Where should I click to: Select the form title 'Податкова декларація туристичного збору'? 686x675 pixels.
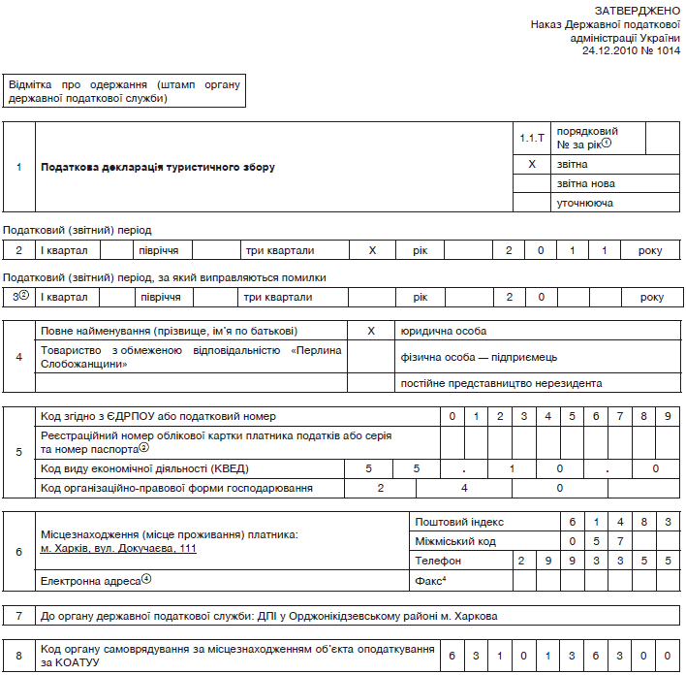tap(158, 167)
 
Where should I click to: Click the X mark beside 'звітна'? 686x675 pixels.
tap(532, 165)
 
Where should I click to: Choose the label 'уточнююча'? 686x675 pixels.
tap(585, 203)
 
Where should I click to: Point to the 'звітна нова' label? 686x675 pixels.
tap(586, 183)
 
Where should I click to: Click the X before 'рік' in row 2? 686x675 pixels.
tap(372, 250)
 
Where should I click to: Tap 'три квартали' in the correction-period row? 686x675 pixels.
tap(279, 297)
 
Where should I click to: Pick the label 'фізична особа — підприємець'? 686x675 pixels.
tap(474, 356)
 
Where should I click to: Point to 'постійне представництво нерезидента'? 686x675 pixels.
tap(501, 383)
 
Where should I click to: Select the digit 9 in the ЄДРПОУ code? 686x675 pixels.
tap(669, 416)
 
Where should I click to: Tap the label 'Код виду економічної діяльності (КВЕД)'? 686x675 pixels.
tap(141, 468)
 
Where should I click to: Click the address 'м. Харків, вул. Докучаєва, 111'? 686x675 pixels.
tap(119, 549)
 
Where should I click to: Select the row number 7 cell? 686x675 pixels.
tap(19, 616)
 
